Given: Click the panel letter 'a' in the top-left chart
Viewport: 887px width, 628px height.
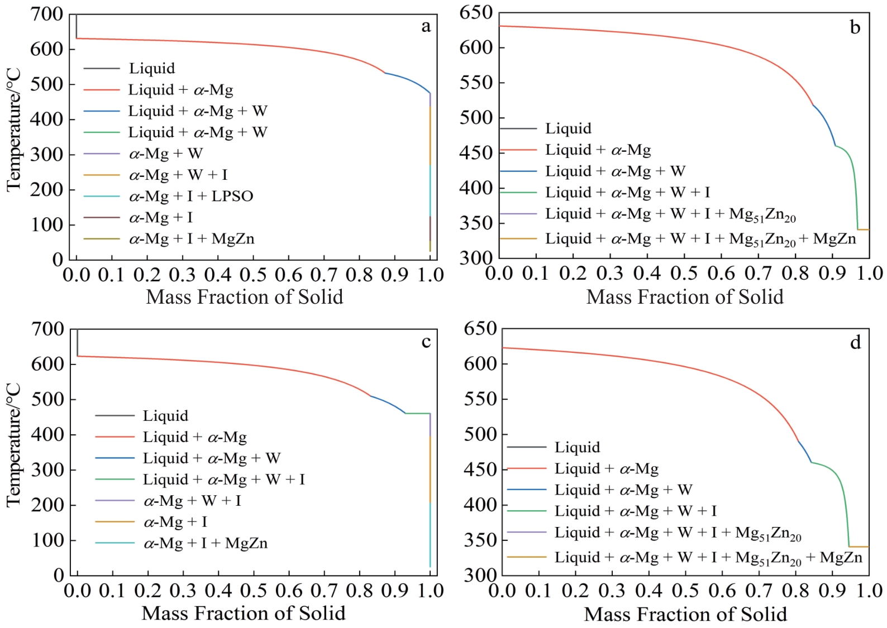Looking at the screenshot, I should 426,26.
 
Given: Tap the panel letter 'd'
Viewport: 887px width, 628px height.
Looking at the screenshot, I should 855,342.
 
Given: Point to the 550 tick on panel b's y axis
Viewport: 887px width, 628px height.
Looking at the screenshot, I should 476,83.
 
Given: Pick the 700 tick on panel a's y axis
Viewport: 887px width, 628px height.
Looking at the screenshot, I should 47,14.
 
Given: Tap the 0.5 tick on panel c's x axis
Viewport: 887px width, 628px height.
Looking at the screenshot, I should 254,591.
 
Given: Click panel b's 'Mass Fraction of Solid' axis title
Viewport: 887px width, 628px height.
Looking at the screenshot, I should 685,297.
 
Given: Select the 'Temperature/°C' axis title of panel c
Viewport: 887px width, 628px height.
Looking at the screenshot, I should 13,445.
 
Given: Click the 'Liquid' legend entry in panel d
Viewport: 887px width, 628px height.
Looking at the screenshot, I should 577,447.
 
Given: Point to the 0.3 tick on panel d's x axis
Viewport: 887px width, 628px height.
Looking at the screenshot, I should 612,591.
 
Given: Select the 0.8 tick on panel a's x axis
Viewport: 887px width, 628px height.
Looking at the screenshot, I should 359,275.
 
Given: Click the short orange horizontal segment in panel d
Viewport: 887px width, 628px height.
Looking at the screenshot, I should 859,546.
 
